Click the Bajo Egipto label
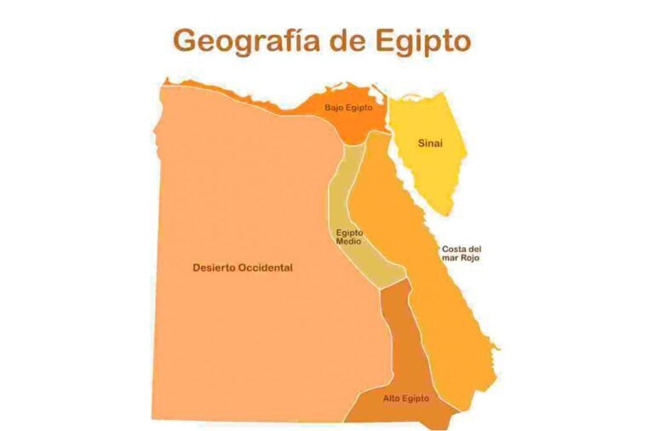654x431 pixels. pos(348,108)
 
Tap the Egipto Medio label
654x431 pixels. pos(348,237)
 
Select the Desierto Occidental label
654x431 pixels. pos(243,267)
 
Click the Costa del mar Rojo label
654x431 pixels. pos(461,252)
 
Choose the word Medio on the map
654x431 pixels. pos(348,242)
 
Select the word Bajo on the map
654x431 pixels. pos(333,108)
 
